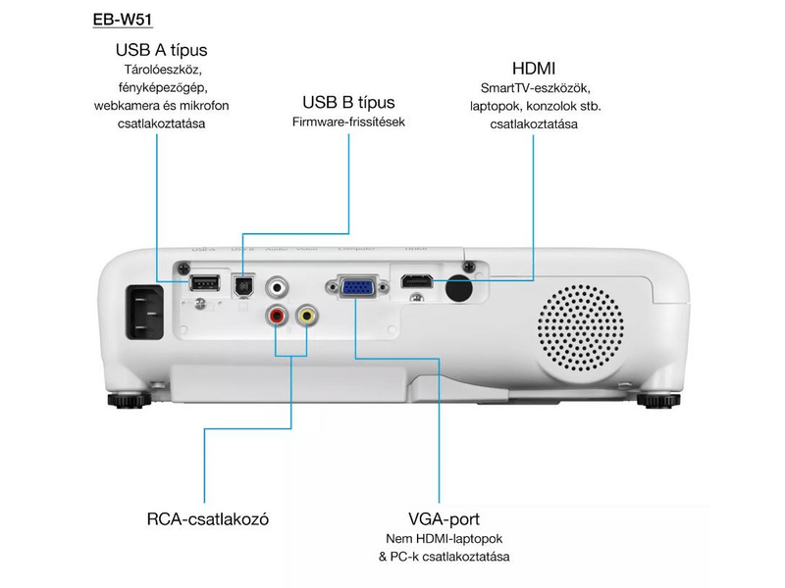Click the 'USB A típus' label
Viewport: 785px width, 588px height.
pyautogui.click(x=162, y=49)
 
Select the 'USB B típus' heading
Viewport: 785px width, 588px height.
pyautogui.click(x=348, y=102)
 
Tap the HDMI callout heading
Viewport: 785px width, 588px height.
pyautogui.click(x=534, y=69)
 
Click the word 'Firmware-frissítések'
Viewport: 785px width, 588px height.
pyautogui.click(x=348, y=122)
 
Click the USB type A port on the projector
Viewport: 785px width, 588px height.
pyautogui.click(x=203, y=284)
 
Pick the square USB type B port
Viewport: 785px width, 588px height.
pyautogui.click(x=242, y=285)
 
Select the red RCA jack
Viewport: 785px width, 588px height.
pyautogui.click(x=278, y=316)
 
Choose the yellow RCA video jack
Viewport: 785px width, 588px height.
pyautogui.click(x=307, y=316)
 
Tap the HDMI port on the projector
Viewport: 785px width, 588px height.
pyautogui.click(x=416, y=283)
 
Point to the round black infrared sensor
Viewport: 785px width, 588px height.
pyautogui.click(x=457, y=288)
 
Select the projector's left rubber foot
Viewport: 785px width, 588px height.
pyautogui.click(x=125, y=399)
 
